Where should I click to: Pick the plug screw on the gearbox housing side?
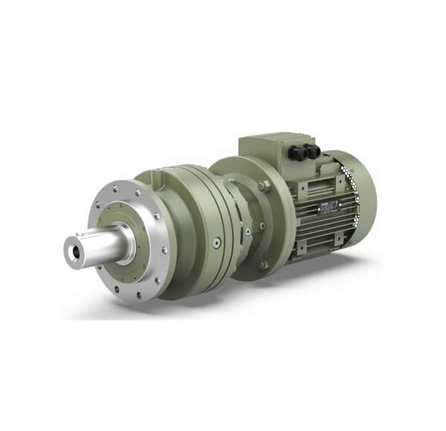coord(216,242)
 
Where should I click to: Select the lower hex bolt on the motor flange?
coord(263,264)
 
